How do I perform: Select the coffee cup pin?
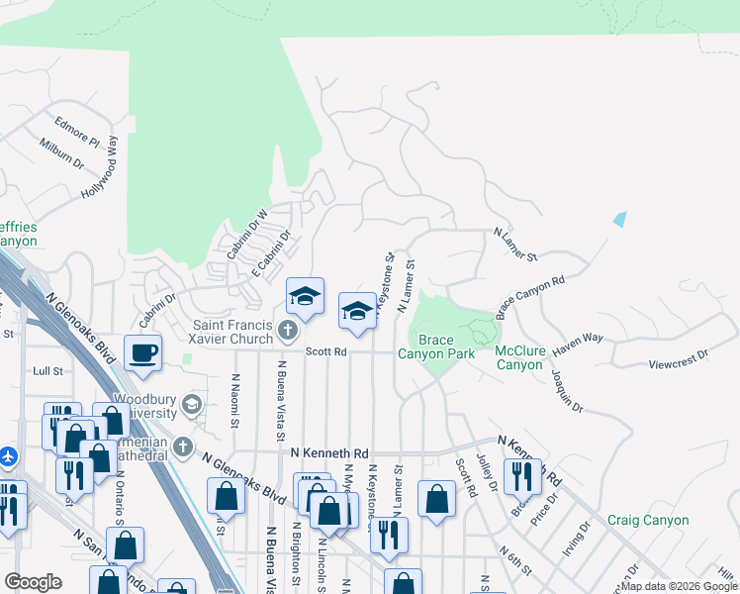143,352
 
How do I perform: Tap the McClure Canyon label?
519,357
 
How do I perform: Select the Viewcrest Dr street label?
679,353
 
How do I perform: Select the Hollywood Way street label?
100,176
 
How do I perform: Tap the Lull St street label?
47,371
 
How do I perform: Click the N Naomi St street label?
235,400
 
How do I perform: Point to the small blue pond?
620,219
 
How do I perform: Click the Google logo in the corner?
33,582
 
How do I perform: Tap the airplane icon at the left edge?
9,456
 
